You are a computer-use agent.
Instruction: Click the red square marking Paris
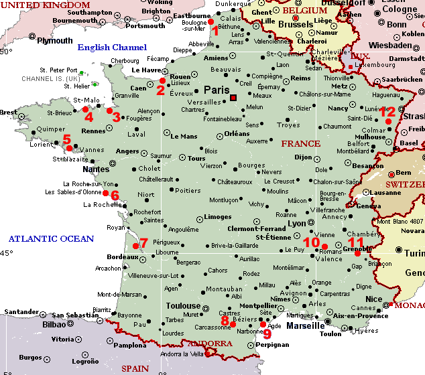tap(233, 98)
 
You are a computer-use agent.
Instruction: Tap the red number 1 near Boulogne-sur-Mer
tap(215, 31)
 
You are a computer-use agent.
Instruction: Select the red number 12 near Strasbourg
tap(387, 112)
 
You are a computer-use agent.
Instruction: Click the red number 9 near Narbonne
tap(267, 333)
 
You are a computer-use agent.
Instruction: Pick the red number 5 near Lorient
tap(66, 140)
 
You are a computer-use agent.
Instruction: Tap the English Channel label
tap(112, 48)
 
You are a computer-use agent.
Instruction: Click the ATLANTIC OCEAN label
tap(51, 239)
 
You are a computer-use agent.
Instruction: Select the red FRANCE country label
tap(300, 144)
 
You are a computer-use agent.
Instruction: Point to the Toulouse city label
tap(183, 306)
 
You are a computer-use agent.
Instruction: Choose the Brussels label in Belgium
tap(295, 24)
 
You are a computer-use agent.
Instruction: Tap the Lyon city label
tap(297, 224)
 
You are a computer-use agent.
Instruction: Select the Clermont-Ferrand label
tap(257, 228)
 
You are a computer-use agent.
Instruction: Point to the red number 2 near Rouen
tap(161, 90)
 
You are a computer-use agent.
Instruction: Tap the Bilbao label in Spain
tap(54, 324)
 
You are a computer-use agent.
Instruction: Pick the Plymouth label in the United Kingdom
tap(55, 41)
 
